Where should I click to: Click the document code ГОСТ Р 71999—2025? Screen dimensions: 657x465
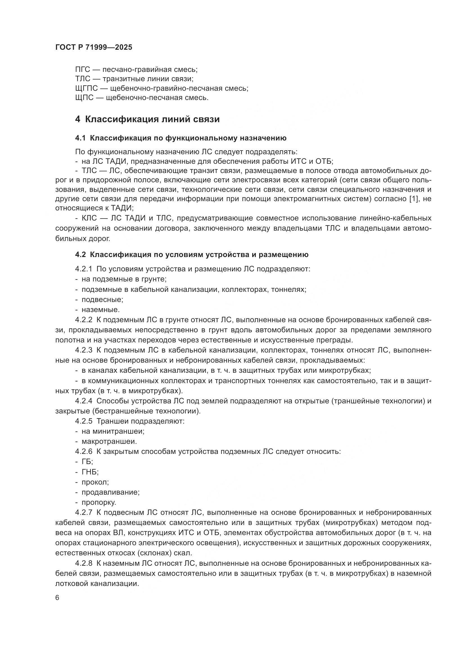point(94,47)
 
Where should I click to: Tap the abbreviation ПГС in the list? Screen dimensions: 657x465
point(82,70)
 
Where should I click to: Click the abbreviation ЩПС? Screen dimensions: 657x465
point(84,97)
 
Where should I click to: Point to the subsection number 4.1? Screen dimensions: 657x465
point(80,138)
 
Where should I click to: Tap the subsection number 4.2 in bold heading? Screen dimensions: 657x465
point(80,254)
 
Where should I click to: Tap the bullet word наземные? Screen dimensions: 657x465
point(100,310)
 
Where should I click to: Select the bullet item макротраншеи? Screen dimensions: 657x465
point(109,441)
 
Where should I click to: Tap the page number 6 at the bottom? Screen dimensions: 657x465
point(57,598)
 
